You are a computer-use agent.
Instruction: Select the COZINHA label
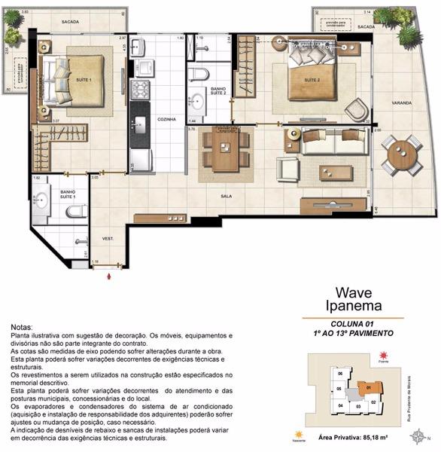[166, 119]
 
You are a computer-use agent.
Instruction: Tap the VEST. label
[108, 239]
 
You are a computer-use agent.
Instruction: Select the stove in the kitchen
[141, 90]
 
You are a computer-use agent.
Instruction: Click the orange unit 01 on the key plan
[369, 389]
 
